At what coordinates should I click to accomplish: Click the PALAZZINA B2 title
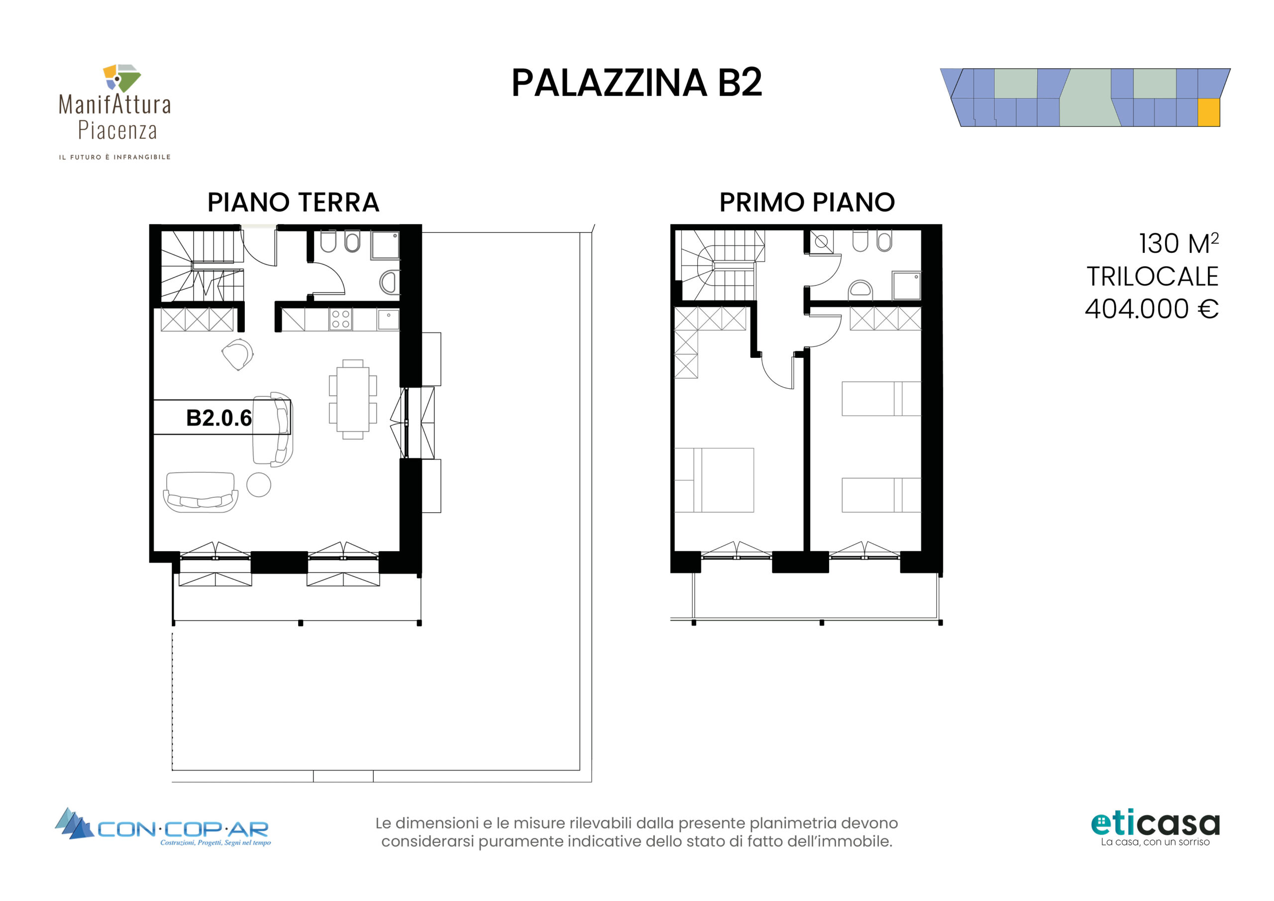637,83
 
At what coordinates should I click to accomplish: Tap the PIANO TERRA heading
293,202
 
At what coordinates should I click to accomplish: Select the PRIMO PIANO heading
807,202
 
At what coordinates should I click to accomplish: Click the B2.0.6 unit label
218,418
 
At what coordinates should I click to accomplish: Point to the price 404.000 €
1152,309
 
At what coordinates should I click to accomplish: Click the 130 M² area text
1178,243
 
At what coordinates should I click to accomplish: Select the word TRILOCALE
1153,276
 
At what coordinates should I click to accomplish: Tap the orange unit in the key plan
1208,112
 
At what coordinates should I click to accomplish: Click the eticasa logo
1155,828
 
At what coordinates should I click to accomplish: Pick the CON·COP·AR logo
163,827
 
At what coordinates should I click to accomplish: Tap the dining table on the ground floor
353,399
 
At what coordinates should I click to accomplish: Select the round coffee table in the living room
259,485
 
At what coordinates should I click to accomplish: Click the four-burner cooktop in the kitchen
340,320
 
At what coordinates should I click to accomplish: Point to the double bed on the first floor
714,480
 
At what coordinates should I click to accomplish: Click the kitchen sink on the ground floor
388,320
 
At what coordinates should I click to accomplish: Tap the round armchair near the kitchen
238,355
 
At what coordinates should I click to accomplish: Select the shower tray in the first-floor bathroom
906,285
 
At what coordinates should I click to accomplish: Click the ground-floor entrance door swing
259,247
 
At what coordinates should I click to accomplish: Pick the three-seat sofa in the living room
201,492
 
